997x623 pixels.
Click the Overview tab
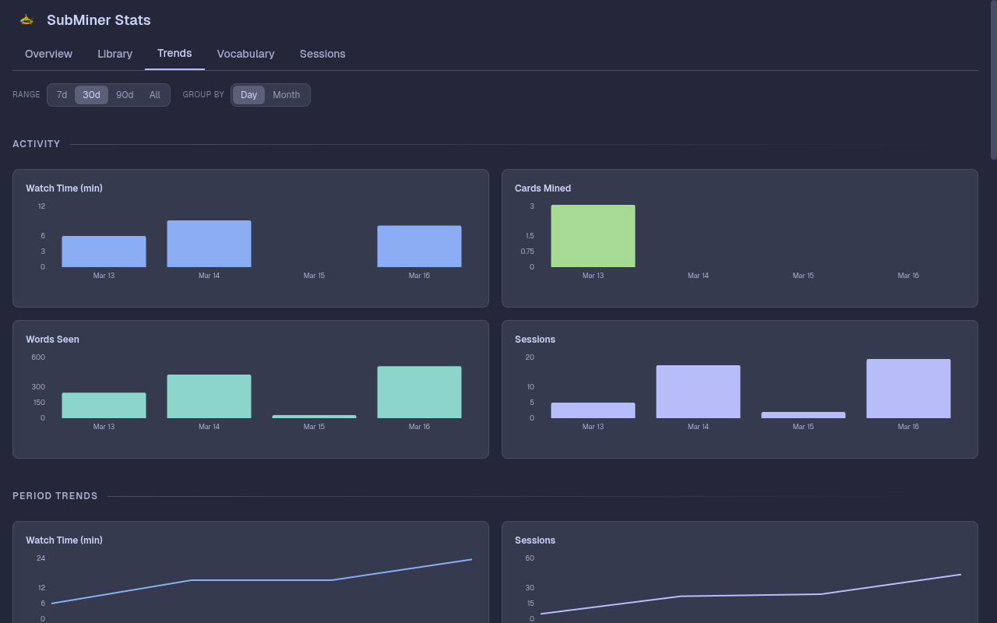click(x=48, y=54)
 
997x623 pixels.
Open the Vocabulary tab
click(x=245, y=54)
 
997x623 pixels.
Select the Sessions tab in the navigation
click(x=322, y=54)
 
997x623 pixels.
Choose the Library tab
click(x=114, y=54)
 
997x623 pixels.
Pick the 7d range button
click(x=62, y=95)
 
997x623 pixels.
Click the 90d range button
click(x=125, y=95)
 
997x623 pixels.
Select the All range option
click(x=155, y=95)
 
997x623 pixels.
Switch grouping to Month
click(x=286, y=95)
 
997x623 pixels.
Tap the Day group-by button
click(x=248, y=95)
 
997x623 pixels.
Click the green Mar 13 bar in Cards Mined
click(x=593, y=236)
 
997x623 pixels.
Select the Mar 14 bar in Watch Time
click(x=209, y=244)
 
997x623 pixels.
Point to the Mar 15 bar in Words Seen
click(x=314, y=417)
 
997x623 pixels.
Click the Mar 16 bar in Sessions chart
click(x=908, y=389)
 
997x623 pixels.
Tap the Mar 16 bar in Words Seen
click(x=419, y=392)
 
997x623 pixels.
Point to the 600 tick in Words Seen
click(x=38, y=357)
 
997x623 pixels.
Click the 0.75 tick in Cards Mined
click(x=527, y=252)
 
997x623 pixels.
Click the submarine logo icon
click(x=26, y=20)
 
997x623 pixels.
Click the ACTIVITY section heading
click(x=37, y=144)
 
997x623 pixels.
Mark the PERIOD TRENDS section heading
click(x=55, y=496)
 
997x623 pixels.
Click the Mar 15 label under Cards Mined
click(x=803, y=276)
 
